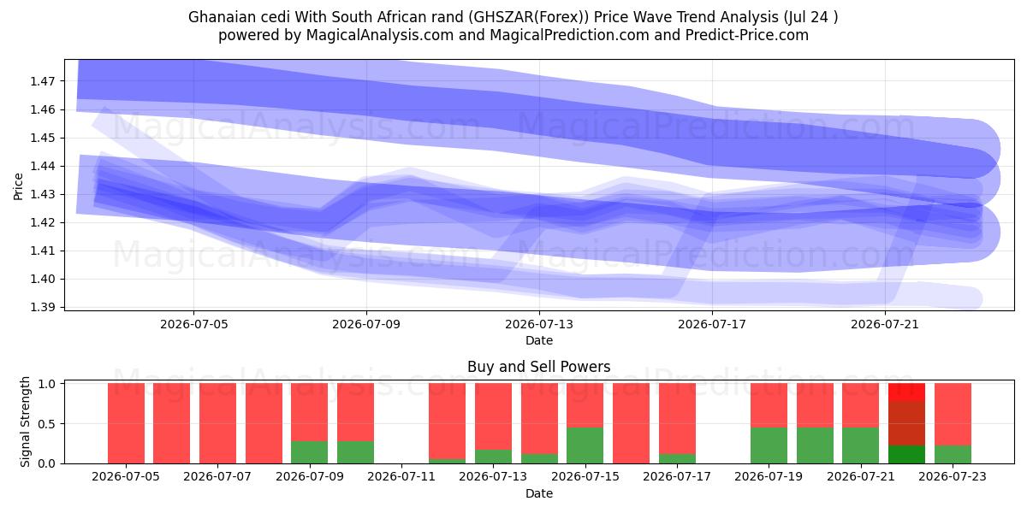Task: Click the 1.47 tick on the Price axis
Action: coord(42,81)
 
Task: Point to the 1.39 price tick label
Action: coord(42,307)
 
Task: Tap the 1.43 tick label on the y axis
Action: coord(42,195)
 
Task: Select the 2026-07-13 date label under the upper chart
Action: coord(539,324)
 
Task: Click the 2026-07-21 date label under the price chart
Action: coord(885,324)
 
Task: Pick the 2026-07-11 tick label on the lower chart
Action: coord(401,477)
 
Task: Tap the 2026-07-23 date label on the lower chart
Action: coord(953,477)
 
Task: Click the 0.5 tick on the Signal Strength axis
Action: coord(46,424)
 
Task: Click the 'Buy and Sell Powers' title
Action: coord(538,367)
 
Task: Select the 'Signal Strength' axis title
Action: coord(25,422)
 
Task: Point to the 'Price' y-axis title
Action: coord(18,187)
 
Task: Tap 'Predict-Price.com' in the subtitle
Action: coord(747,35)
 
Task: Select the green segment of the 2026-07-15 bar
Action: coord(585,445)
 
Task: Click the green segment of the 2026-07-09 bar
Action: coord(310,452)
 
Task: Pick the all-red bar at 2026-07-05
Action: coord(126,424)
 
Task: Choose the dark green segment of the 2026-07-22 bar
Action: coord(906,454)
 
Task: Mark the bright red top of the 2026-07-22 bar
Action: coord(906,392)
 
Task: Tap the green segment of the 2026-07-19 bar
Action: coord(769,445)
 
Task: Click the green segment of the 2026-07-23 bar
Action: coord(953,454)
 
